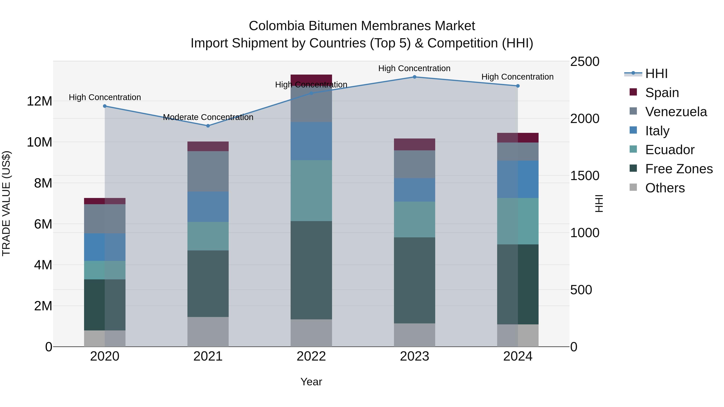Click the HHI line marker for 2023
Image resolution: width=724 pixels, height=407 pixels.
(414, 77)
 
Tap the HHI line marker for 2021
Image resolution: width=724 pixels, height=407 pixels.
(208, 126)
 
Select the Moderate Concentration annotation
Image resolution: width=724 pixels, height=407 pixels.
(208, 117)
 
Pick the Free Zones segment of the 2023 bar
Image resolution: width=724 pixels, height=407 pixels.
(414, 280)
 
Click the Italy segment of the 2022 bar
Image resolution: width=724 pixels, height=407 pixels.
(311, 141)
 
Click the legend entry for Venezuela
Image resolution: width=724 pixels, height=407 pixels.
(676, 112)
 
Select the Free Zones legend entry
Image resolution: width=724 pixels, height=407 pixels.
(679, 169)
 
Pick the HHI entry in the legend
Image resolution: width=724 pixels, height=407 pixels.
(656, 74)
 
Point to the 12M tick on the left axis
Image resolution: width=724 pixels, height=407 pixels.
(39, 101)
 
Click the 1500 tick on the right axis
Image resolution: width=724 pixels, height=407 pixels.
(585, 176)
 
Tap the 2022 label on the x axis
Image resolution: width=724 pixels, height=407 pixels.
(311, 356)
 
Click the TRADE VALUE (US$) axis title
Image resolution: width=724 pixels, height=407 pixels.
(6, 203)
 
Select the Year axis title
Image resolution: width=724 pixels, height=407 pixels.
(311, 382)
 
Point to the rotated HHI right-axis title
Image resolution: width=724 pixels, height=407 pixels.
(599, 203)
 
